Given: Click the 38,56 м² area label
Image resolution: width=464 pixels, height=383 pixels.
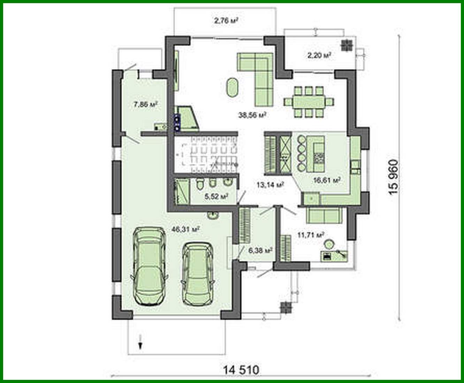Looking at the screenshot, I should click(252, 115).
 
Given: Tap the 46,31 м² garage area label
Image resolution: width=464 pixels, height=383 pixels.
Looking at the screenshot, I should click(185, 229).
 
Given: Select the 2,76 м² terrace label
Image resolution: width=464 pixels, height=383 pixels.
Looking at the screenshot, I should click(226, 21).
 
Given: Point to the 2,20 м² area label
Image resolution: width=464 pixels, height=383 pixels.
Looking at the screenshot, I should click(319, 55).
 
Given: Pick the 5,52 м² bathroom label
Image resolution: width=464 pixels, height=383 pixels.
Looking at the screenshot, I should click(216, 196).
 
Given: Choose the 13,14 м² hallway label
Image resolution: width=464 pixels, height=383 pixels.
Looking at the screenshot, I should click(270, 185).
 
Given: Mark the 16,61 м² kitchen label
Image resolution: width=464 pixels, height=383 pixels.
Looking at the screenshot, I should click(327, 180).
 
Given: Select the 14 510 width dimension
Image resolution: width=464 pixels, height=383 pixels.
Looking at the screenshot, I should click(241, 369).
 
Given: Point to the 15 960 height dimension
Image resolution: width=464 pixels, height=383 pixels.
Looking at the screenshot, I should click(393, 177).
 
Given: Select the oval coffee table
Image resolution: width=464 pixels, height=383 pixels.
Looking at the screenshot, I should click(232, 88).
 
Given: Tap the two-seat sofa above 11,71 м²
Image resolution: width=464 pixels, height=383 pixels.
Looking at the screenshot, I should click(324, 215).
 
